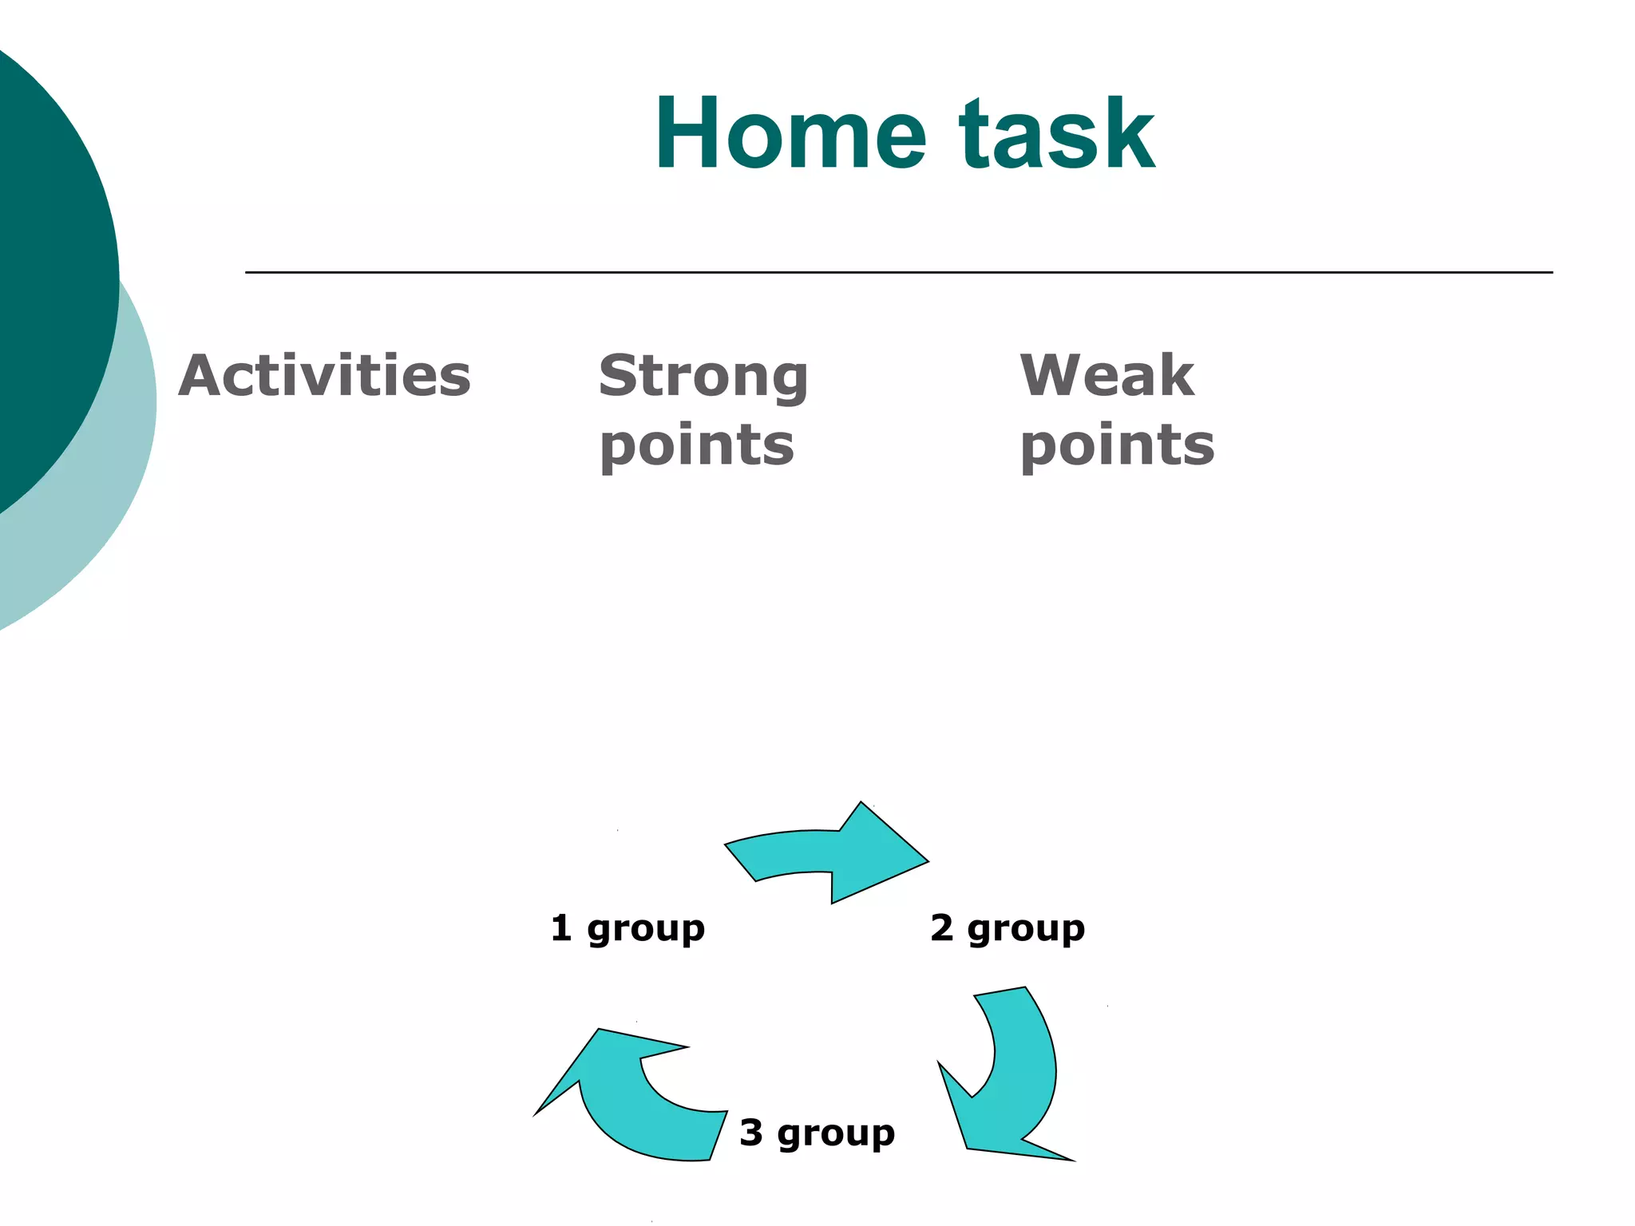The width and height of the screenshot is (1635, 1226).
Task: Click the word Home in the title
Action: [790, 134]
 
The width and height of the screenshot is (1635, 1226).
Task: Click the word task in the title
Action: [1057, 134]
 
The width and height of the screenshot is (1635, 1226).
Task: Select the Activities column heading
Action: [324, 375]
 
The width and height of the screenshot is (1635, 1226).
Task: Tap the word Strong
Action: [703, 377]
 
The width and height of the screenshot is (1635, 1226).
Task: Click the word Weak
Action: [1106, 375]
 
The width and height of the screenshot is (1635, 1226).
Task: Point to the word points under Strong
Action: [697, 445]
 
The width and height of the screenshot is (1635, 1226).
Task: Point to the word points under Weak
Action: [1117, 445]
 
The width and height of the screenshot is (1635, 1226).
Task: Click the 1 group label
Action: [627, 928]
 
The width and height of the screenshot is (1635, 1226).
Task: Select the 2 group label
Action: [1008, 928]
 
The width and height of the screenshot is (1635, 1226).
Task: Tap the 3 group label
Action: [817, 1133]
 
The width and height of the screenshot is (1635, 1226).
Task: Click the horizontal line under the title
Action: [898, 272]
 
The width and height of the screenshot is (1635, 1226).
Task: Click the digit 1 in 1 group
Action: [561, 928]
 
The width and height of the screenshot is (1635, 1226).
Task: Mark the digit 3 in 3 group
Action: [751, 1133]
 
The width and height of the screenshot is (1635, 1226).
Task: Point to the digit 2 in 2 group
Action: [942, 928]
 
